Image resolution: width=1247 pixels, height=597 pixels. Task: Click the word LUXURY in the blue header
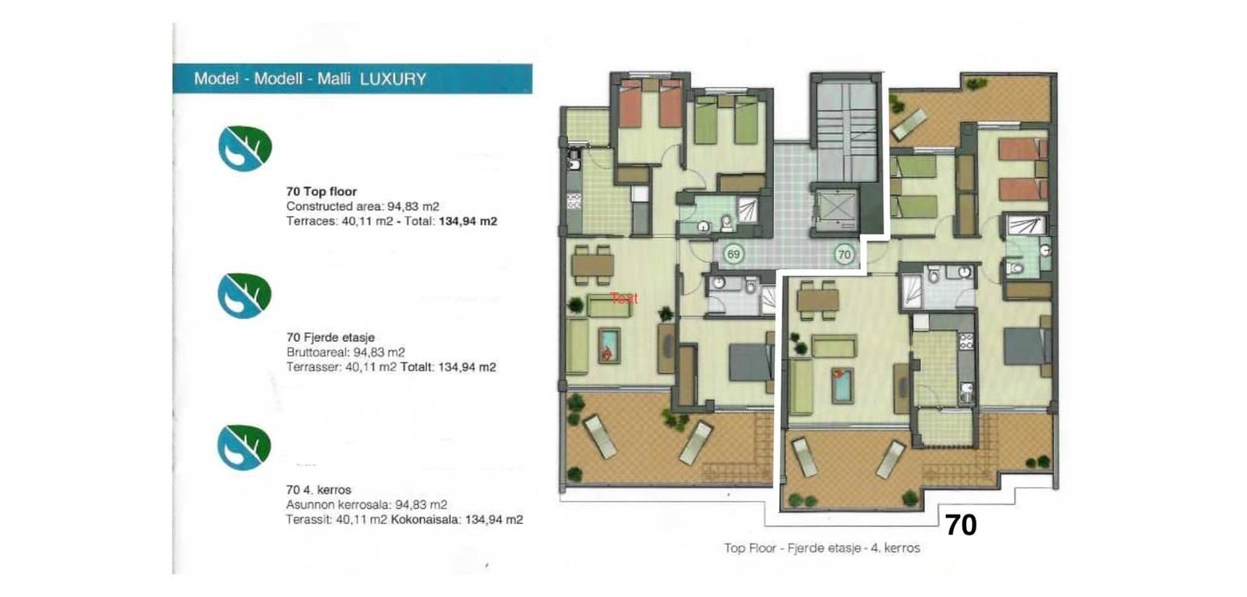393,79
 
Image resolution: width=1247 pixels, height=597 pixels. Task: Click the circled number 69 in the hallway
733,254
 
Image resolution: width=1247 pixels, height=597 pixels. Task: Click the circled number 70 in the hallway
843,254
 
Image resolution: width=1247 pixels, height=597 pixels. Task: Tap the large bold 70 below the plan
960,525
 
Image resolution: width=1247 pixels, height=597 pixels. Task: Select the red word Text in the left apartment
624,298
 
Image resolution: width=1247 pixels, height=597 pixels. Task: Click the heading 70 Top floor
321,191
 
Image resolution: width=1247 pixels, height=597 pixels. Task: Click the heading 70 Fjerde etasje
330,337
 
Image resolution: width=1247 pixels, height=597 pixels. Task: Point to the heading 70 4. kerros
319,489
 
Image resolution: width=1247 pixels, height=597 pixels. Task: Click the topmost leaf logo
244,148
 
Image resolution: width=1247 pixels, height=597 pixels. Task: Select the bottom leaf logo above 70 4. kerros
244,447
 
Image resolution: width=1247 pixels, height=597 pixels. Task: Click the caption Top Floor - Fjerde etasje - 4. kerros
821,548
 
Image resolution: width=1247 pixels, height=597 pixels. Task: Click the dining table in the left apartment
592,264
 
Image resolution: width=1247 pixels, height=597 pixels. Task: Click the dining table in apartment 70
818,299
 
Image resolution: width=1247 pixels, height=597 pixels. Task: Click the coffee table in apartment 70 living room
842,384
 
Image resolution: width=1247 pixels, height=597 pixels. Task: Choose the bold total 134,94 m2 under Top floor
468,221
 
